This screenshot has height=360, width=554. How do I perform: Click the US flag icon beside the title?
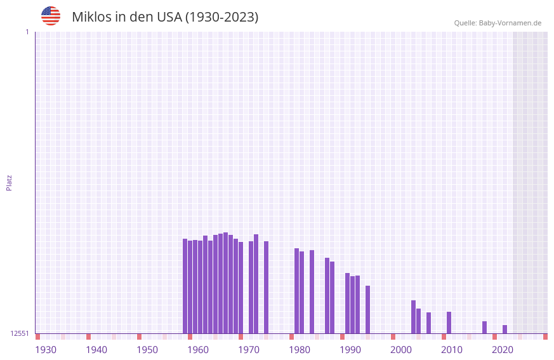pyautogui.click(x=51, y=16)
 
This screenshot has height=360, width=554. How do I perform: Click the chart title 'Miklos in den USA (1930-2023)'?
pyautogui.click(x=165, y=17)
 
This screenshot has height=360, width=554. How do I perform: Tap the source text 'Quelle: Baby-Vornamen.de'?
pyautogui.click(x=498, y=23)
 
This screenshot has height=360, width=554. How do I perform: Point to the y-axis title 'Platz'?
pyautogui.click(x=9, y=182)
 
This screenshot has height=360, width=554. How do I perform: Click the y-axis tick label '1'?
pyautogui.click(x=27, y=32)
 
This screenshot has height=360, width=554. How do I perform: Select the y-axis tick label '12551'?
pyautogui.click(x=20, y=333)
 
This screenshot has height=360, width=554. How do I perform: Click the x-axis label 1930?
pyautogui.click(x=46, y=350)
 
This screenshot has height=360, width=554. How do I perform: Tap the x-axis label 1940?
pyautogui.click(x=96, y=350)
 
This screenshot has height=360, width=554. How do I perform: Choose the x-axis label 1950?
pyautogui.click(x=147, y=350)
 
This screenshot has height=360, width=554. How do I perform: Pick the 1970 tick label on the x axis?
pyautogui.click(x=249, y=350)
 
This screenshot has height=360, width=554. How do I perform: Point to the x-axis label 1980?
pyautogui.click(x=300, y=350)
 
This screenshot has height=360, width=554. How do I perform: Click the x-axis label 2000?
pyautogui.click(x=401, y=350)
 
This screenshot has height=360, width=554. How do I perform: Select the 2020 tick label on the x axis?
pyautogui.click(x=503, y=350)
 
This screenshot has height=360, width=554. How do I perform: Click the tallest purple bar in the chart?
pyautogui.click(x=225, y=283)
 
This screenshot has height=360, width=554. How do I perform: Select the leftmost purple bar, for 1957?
pyautogui.click(x=185, y=286)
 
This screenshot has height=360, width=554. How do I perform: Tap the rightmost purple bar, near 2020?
pyautogui.click(x=505, y=330)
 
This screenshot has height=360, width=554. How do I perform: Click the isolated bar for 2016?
pyautogui.click(x=484, y=328)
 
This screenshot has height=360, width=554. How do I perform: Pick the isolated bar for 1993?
pyautogui.click(x=367, y=310)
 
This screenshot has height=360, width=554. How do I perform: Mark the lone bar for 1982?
pyautogui.click(x=312, y=292)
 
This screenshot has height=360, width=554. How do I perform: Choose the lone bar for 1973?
pyautogui.click(x=266, y=287)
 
